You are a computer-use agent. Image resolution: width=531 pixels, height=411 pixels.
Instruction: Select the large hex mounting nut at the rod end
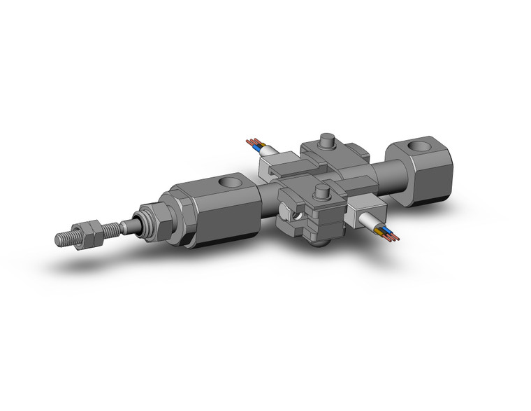coord(154,220)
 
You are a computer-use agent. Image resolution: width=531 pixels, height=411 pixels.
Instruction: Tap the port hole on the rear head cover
coord(420,148)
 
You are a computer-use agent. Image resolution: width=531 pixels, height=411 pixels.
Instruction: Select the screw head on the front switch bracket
coord(322,192)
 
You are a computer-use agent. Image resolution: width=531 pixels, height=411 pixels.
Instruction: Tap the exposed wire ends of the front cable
coord(393,235)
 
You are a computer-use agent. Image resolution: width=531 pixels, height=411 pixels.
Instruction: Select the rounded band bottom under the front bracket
coord(320,242)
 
